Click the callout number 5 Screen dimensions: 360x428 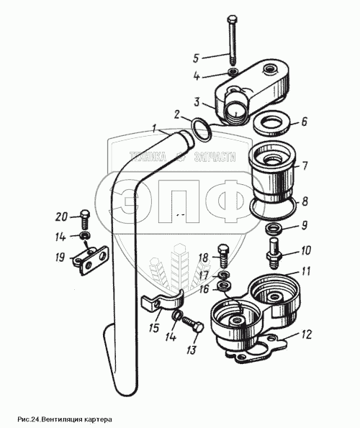coord(196,58)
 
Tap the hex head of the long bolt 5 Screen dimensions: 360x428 coord(232,19)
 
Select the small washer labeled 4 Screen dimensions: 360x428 coord(233,72)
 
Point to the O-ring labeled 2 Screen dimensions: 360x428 coord(202,130)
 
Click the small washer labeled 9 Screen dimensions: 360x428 coord(272,227)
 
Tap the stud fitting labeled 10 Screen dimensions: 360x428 coord(273,250)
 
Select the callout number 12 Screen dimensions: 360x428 coord(307,334)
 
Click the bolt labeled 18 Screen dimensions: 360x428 coord(223,256)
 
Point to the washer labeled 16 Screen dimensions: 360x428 coord(225,286)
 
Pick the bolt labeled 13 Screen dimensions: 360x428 coord(192,324)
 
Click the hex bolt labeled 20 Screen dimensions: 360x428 coord(85,219)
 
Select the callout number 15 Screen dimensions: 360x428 coord(154,327)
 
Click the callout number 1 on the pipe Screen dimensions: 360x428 coord(155,128)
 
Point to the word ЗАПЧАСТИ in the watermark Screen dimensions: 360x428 coord(215,157)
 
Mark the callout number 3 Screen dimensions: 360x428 coord(197,102)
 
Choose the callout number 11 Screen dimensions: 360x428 coord(306,271)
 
